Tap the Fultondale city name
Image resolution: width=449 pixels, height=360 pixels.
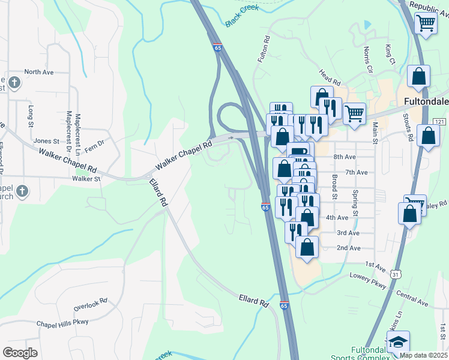point(427,101)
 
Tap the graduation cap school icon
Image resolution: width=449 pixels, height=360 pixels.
point(397,343)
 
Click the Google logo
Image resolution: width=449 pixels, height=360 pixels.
point(20,352)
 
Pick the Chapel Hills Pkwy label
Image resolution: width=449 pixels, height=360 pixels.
point(62,322)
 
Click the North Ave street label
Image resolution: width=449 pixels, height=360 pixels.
point(39,72)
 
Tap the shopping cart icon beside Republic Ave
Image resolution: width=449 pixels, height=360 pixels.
point(426,24)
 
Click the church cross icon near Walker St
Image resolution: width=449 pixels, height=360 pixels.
point(22,191)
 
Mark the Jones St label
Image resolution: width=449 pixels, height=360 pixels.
point(46,141)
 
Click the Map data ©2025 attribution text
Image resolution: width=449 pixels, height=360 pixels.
point(423,355)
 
